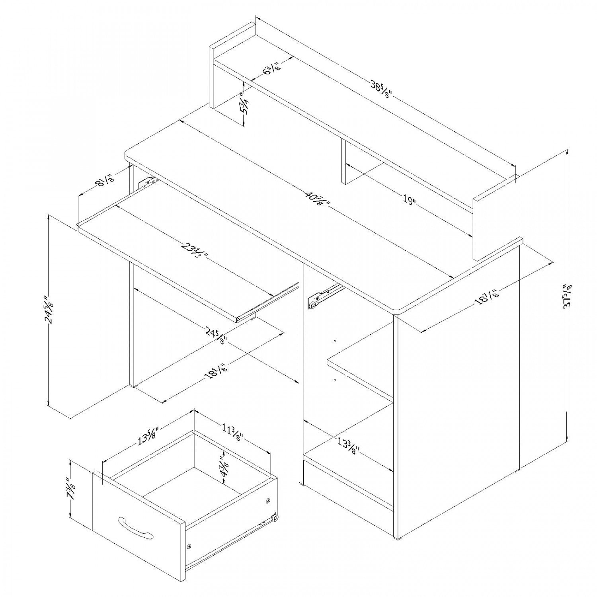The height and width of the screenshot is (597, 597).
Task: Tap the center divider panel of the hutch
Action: (344, 162)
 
